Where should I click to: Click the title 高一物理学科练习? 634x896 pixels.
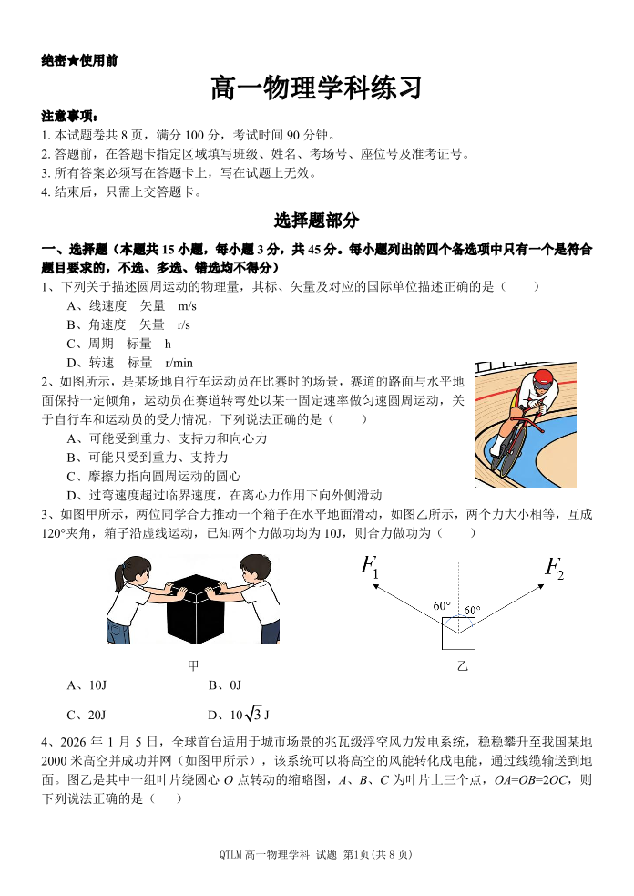(316, 88)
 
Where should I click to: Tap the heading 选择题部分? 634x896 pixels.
(316, 220)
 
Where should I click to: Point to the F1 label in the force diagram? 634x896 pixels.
(369, 567)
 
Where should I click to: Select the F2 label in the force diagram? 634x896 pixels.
(554, 568)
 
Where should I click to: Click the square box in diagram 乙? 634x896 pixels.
(458, 633)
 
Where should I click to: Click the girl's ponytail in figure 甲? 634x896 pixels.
(118, 577)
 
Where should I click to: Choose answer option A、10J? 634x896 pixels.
(87, 685)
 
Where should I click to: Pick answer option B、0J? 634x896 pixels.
(225, 685)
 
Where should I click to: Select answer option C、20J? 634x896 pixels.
(87, 715)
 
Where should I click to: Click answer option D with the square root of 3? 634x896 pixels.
(239, 715)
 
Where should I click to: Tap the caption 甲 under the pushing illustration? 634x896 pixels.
(193, 665)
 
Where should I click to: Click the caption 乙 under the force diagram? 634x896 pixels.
(462, 666)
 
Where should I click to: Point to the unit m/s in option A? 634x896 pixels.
(187, 306)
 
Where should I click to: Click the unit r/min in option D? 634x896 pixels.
(179, 363)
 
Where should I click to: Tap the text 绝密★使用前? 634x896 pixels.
(79, 60)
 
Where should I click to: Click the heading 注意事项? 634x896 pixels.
(69, 117)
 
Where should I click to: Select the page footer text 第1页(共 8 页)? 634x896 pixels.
(377, 854)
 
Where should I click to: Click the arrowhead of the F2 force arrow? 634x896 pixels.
(540, 587)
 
